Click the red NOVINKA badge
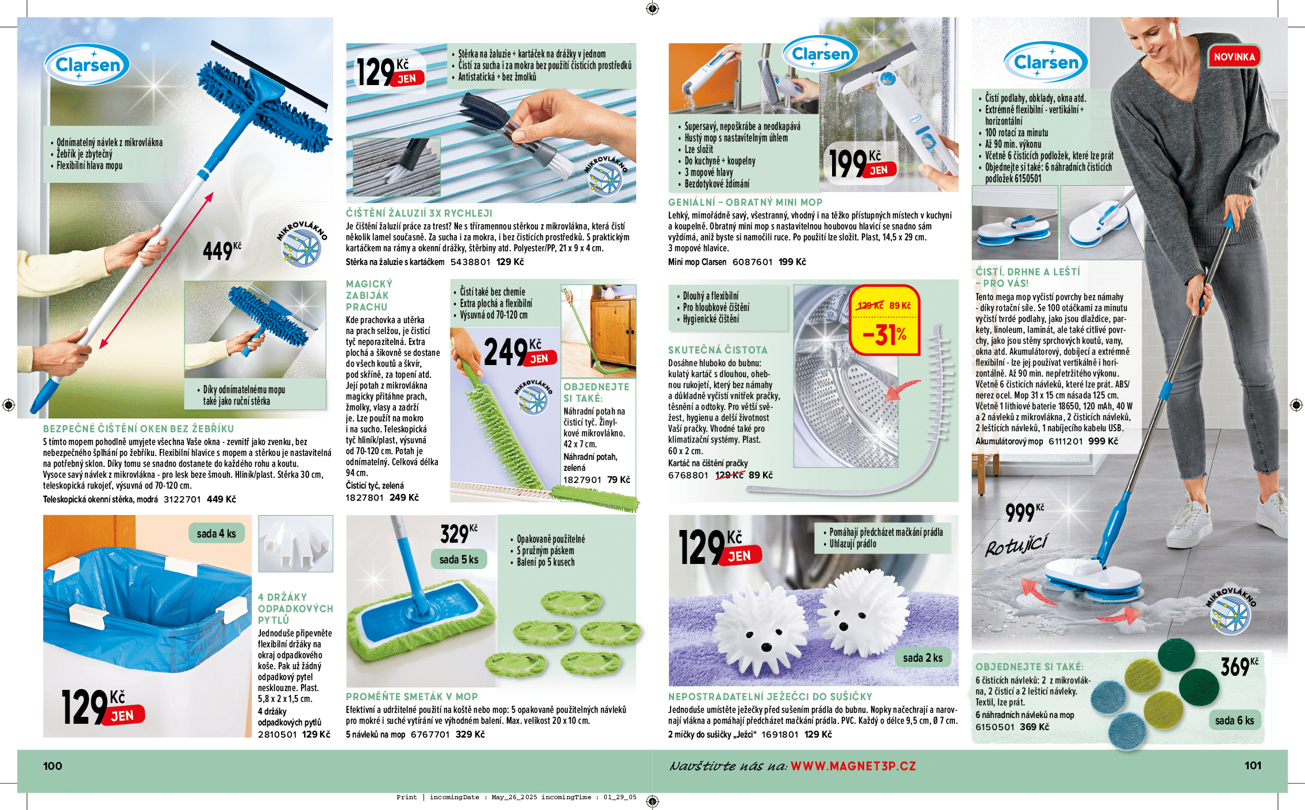tap(1234, 57)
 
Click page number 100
tap(52, 766)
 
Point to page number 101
tap(1253, 765)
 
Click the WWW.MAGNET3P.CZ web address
tap(853, 766)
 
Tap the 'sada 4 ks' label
tap(216, 533)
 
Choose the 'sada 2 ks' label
tap(922, 658)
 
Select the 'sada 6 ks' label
tap(1234, 720)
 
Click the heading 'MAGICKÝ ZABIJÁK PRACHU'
tap(369, 295)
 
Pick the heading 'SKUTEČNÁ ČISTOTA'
tap(717, 350)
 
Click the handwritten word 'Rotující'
tap(1016, 545)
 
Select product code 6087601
tap(752, 262)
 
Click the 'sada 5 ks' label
tap(459, 559)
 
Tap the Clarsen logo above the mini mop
tap(820, 54)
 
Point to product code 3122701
tap(182, 500)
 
